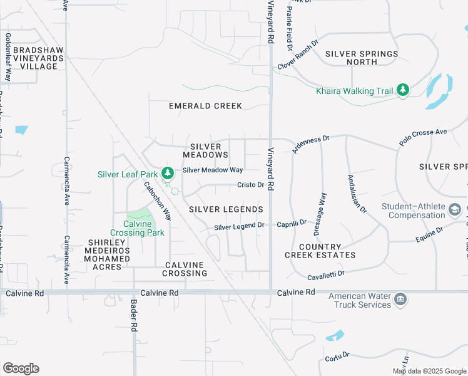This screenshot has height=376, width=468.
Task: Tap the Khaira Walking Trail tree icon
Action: tap(403, 91)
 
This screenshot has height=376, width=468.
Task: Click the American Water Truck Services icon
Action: tap(401, 301)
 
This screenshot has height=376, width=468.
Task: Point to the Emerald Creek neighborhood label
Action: tap(205, 106)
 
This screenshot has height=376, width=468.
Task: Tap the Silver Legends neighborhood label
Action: tap(225, 209)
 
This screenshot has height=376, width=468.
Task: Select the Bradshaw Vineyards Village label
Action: tap(38, 58)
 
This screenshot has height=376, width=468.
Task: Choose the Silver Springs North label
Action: tap(361, 58)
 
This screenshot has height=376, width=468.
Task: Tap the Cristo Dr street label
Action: tap(250, 185)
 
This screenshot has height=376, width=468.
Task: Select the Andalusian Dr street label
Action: tap(357, 193)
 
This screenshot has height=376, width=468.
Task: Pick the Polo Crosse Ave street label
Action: tap(423, 138)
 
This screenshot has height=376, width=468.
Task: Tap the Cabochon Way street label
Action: tap(158, 200)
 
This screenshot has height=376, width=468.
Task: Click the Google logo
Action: tap(21, 368)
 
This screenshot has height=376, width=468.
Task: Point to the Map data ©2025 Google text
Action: tap(429, 371)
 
